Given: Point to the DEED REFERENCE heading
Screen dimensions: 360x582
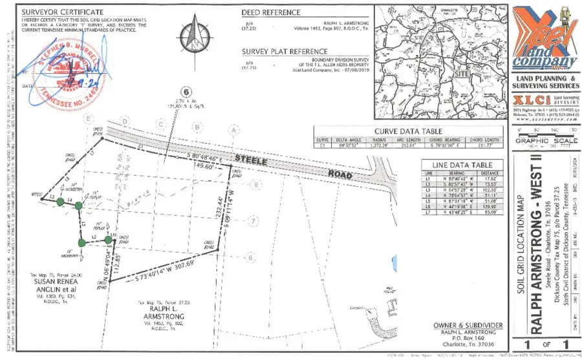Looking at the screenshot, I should (x=271, y=12).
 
